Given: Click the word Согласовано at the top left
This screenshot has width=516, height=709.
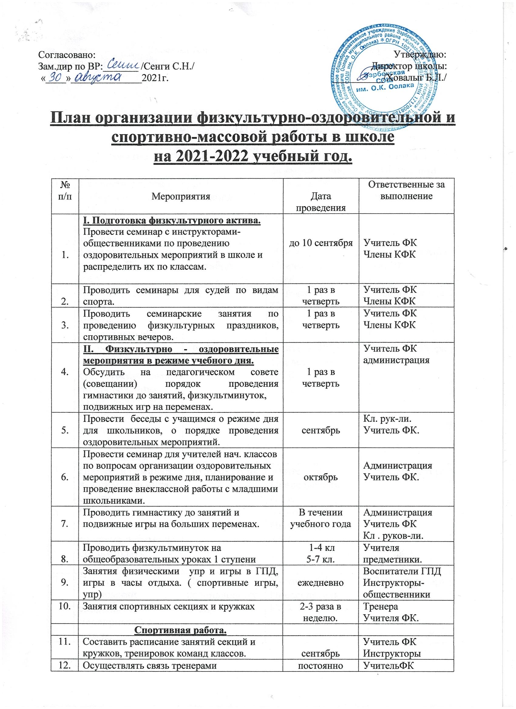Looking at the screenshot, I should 66,55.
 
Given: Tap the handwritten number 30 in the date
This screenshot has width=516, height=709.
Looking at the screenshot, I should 57,76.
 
